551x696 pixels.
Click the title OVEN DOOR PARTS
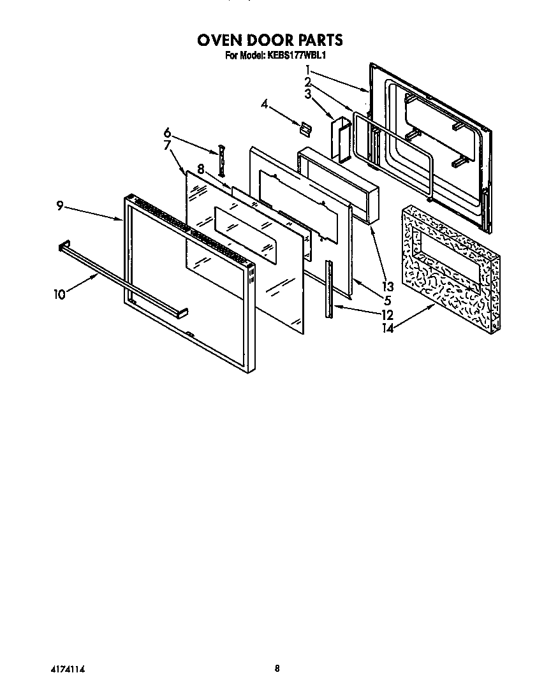(270, 40)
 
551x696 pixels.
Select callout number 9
(59, 205)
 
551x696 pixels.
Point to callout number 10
(59, 294)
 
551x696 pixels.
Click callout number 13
(388, 286)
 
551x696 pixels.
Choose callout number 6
(167, 133)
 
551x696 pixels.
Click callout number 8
(200, 170)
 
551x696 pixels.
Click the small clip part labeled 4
(305, 128)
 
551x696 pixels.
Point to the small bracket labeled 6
(222, 159)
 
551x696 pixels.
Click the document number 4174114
(67, 669)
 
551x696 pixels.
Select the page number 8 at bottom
(277, 669)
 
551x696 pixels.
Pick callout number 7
(167, 145)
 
